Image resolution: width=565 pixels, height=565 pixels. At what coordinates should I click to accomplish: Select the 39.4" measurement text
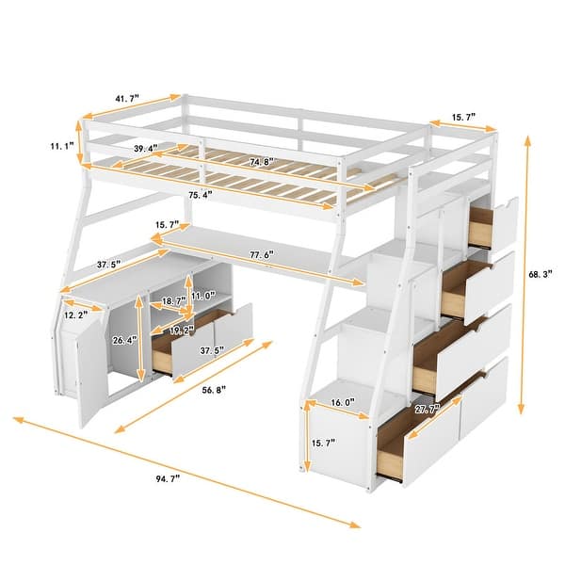tap(144, 149)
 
